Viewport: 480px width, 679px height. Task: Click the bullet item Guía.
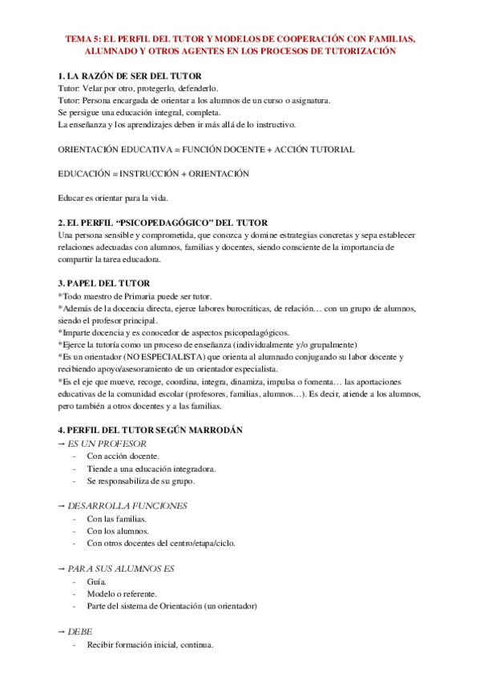click(97, 581)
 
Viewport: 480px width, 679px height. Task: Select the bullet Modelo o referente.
click(122, 594)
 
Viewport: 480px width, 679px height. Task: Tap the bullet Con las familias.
click(117, 518)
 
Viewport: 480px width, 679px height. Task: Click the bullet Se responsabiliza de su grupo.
click(140, 481)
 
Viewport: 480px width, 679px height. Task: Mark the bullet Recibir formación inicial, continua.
click(150, 645)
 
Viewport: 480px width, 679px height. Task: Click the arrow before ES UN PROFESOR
click(62, 443)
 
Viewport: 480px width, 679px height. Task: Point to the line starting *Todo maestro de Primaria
click(134, 296)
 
